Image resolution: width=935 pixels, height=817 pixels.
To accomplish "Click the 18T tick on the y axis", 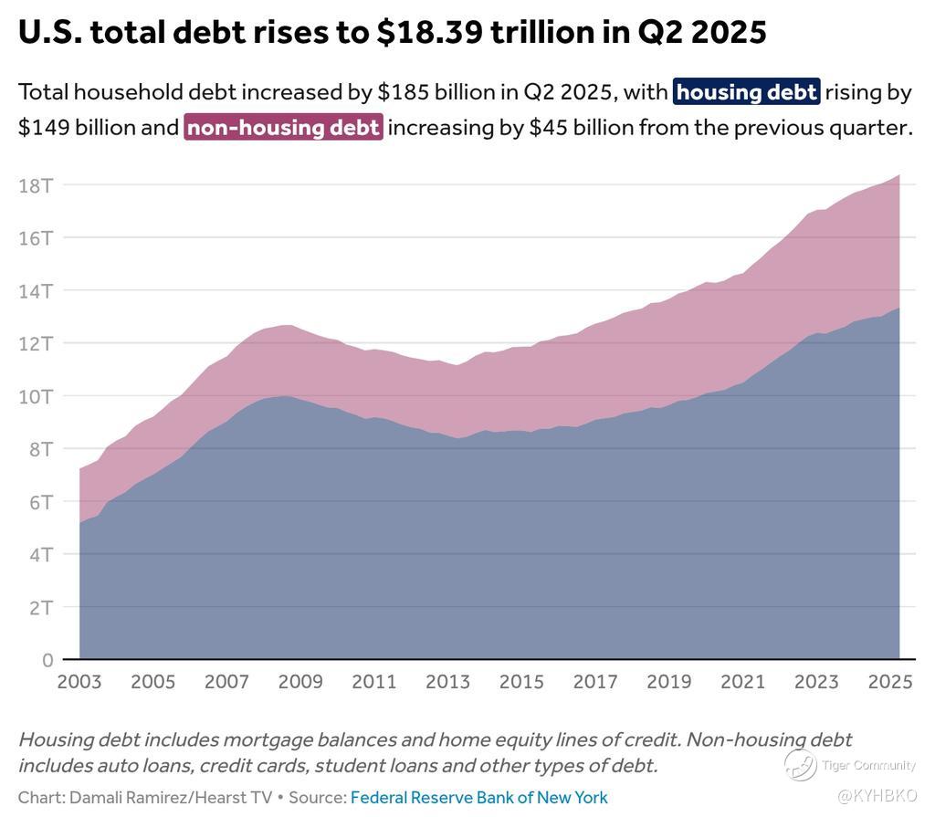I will click(x=36, y=185).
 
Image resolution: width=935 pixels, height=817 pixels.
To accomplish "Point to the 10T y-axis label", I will click(x=36, y=396).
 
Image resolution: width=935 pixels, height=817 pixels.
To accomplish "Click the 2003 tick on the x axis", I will click(x=79, y=682).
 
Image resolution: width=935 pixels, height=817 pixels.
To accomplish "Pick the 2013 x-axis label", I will click(x=448, y=682).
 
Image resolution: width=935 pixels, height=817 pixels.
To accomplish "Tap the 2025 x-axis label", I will click(x=890, y=682).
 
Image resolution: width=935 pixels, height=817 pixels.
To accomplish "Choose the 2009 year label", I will click(x=300, y=682).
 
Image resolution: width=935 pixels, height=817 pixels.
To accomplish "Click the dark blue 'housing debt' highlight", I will click(x=746, y=92).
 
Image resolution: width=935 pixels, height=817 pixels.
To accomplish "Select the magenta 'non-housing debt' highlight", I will click(x=283, y=127).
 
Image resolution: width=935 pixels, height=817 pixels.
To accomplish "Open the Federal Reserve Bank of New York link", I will click(x=478, y=797).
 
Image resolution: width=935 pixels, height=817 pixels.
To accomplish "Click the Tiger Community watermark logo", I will click(x=801, y=765).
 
